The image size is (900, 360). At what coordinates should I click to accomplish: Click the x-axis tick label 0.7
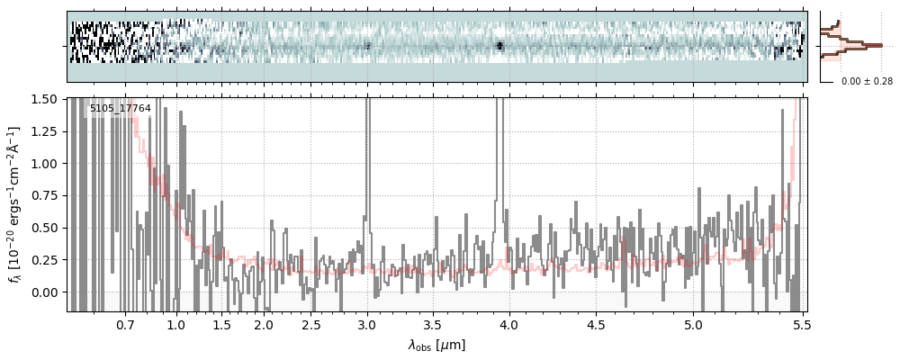[x=125, y=324]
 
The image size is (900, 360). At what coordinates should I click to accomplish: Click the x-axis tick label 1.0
[x=176, y=324]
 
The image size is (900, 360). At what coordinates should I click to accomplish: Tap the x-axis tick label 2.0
[x=263, y=324]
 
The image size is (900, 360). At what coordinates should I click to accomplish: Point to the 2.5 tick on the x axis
[x=310, y=324]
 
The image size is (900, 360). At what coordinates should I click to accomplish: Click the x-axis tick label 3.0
[x=367, y=324]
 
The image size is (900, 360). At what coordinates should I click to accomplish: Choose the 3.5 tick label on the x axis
[x=431, y=324]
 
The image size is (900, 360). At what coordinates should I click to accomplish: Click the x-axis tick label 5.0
[x=693, y=324]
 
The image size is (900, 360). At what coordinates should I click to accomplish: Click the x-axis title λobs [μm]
[x=436, y=345]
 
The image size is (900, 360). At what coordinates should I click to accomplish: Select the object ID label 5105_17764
[x=120, y=109]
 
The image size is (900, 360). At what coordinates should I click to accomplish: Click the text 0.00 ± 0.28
[x=867, y=82]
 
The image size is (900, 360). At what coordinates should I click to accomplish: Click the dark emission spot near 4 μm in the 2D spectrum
[x=499, y=45]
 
